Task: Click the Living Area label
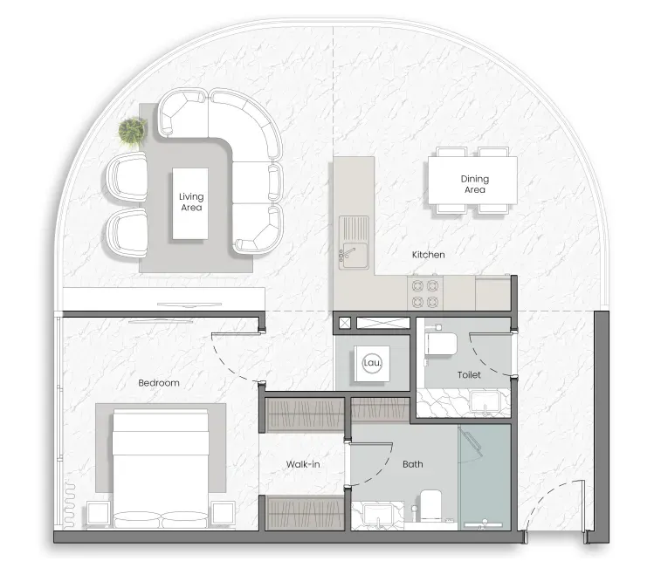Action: (x=191, y=202)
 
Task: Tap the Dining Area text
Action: (x=475, y=184)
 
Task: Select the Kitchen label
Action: (x=429, y=255)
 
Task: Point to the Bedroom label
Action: (x=159, y=383)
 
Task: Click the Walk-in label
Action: (x=303, y=464)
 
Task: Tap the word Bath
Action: (x=413, y=464)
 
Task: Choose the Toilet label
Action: (x=469, y=375)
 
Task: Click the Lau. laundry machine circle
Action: (x=372, y=363)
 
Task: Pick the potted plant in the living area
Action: (x=133, y=132)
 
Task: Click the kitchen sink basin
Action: (x=354, y=256)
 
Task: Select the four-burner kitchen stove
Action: (x=425, y=294)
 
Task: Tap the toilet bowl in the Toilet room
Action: (x=441, y=345)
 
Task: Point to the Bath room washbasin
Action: (x=379, y=515)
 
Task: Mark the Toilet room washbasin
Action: (x=485, y=403)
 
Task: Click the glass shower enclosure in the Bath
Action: (x=485, y=477)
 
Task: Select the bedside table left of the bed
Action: (x=99, y=513)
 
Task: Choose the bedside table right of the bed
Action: (x=223, y=513)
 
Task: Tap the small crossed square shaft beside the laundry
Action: (x=345, y=323)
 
